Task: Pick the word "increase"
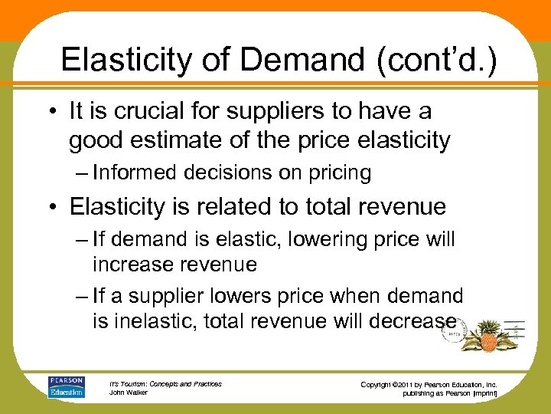(130, 264)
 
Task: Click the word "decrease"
(414, 321)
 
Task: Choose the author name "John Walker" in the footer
(129, 393)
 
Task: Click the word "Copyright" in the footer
(380, 383)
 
